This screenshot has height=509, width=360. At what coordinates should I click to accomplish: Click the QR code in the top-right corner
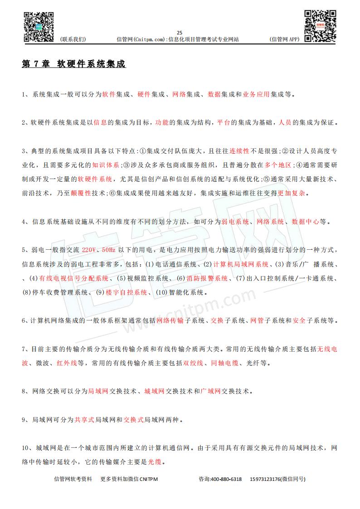320,25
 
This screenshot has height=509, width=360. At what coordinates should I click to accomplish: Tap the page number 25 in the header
179,33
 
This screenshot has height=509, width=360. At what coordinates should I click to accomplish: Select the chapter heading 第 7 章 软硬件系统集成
73,64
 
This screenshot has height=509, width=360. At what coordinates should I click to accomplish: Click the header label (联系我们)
73,39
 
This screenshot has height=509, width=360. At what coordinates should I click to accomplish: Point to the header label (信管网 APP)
284,39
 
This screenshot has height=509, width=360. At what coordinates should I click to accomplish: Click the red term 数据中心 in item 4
305,222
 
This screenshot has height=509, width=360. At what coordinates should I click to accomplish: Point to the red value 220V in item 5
90,250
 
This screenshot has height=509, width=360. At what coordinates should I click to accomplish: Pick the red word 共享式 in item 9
84,419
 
